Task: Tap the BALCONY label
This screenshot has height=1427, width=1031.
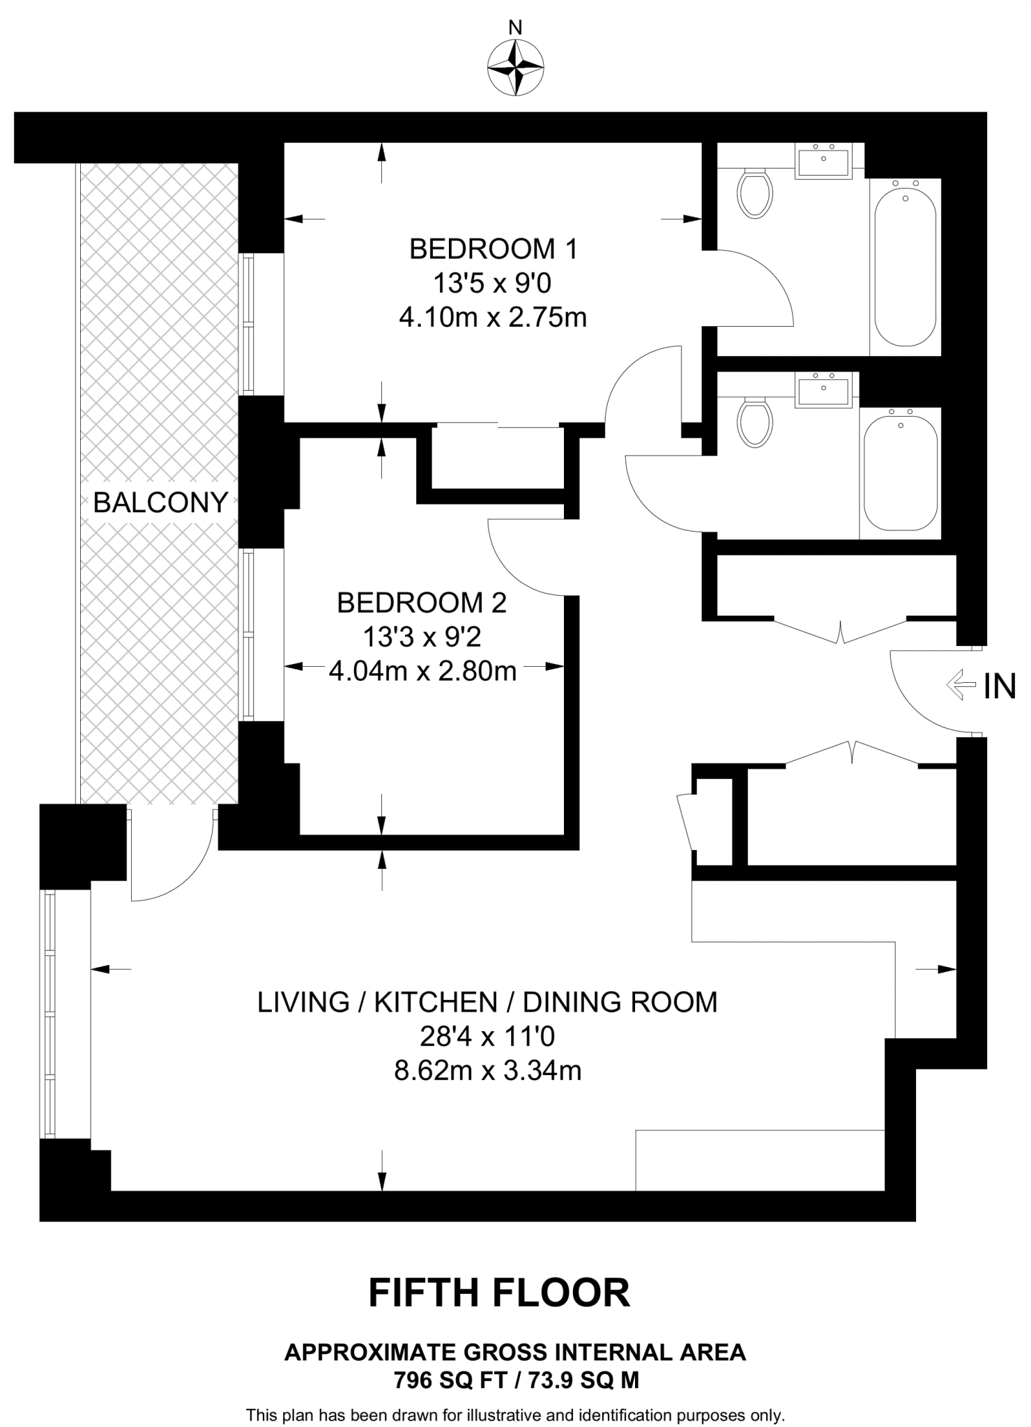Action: [x=161, y=502]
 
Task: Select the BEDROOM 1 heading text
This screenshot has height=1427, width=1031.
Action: [x=494, y=249]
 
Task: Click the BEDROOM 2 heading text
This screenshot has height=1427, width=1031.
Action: [x=422, y=603]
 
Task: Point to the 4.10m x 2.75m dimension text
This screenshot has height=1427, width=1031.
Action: [x=493, y=318]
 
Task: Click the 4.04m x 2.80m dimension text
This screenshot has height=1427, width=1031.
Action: [x=422, y=671]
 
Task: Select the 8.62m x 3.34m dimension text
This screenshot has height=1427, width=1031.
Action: [x=488, y=1070]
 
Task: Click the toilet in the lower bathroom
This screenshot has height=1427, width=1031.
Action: [x=755, y=422]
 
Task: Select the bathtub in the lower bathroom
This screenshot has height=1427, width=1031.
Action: [x=900, y=473]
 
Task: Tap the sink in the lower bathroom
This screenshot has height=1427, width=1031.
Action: [x=823, y=389]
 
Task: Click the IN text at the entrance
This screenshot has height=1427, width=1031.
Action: [x=1000, y=686]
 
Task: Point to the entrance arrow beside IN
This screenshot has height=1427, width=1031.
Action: [x=961, y=685]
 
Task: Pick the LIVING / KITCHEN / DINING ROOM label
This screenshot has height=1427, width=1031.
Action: [x=488, y=1002]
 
